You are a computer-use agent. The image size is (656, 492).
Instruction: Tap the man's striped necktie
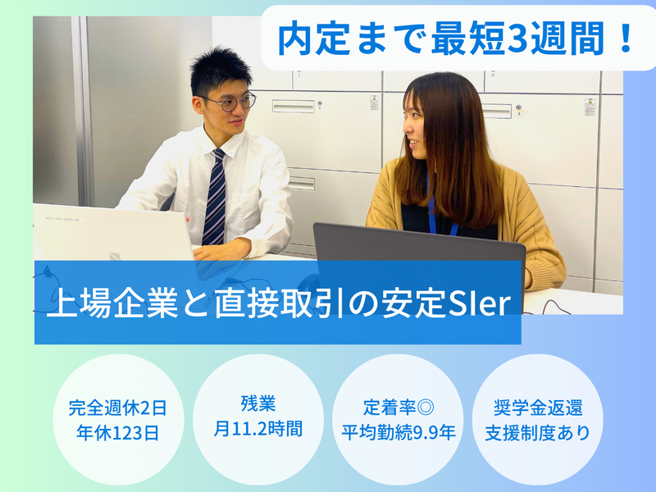coord(216,197)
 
